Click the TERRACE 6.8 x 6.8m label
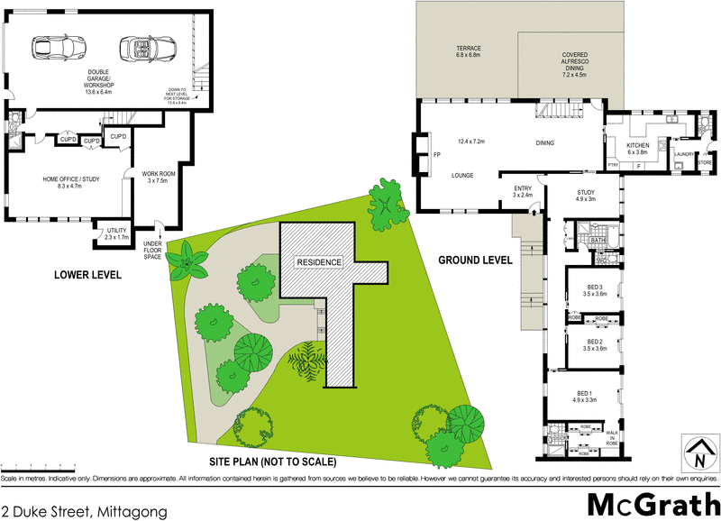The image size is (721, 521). [468, 51]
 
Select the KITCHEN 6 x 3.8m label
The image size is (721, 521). [638, 149]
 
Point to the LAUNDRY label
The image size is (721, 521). [683, 154]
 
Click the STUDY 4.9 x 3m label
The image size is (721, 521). [586, 196]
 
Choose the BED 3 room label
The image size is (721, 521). [593, 289]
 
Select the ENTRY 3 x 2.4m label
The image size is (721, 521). [523, 191]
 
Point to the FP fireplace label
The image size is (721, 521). [436, 154]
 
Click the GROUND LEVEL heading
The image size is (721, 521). [475, 260]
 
